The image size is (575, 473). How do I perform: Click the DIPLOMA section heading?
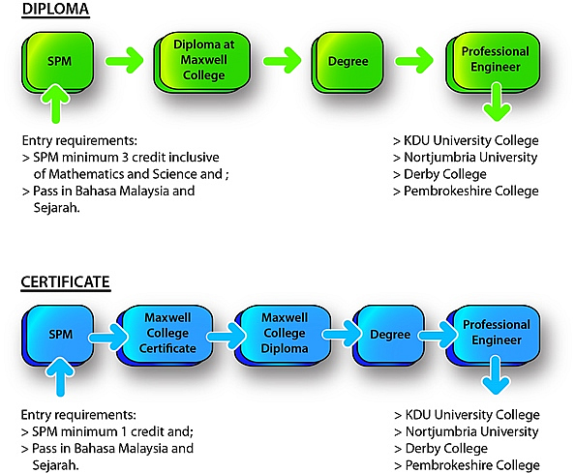(55, 9)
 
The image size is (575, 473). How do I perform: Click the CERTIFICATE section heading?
(66, 282)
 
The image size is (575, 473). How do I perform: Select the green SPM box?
(58, 62)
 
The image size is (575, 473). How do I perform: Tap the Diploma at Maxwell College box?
(202, 61)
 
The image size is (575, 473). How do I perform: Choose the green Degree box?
(348, 62)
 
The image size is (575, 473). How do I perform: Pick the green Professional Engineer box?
(494, 61)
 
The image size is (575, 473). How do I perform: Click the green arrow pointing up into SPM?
(56, 103)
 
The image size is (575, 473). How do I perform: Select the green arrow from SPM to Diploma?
(124, 60)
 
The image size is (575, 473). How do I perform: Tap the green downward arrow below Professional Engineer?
(497, 102)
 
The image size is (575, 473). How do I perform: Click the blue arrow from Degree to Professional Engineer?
(439, 334)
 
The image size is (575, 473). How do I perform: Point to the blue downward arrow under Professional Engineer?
(496, 375)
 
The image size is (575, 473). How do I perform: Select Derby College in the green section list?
(445, 174)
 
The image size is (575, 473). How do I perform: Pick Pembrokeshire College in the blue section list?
(472, 465)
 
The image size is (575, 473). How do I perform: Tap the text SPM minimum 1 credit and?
(112, 432)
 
